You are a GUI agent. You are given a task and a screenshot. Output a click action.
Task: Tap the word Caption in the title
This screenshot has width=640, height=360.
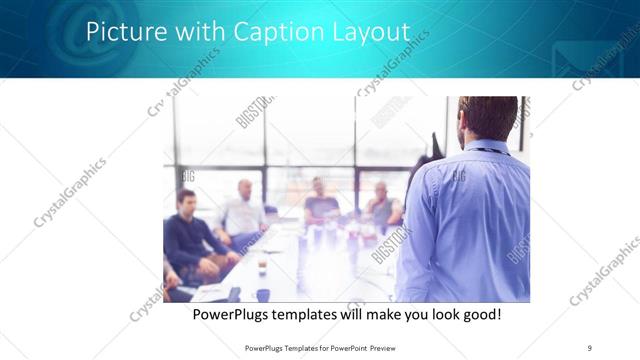click(x=269, y=32)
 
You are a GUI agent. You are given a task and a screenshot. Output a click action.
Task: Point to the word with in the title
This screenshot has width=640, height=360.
click(x=196, y=32)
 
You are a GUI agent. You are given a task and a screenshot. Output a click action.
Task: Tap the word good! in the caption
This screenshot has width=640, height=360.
click(x=479, y=315)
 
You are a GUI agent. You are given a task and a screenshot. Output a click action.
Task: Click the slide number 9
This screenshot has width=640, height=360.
click(x=590, y=347)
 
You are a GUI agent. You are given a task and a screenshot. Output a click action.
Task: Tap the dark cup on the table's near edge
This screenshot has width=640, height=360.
click(x=263, y=294)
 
